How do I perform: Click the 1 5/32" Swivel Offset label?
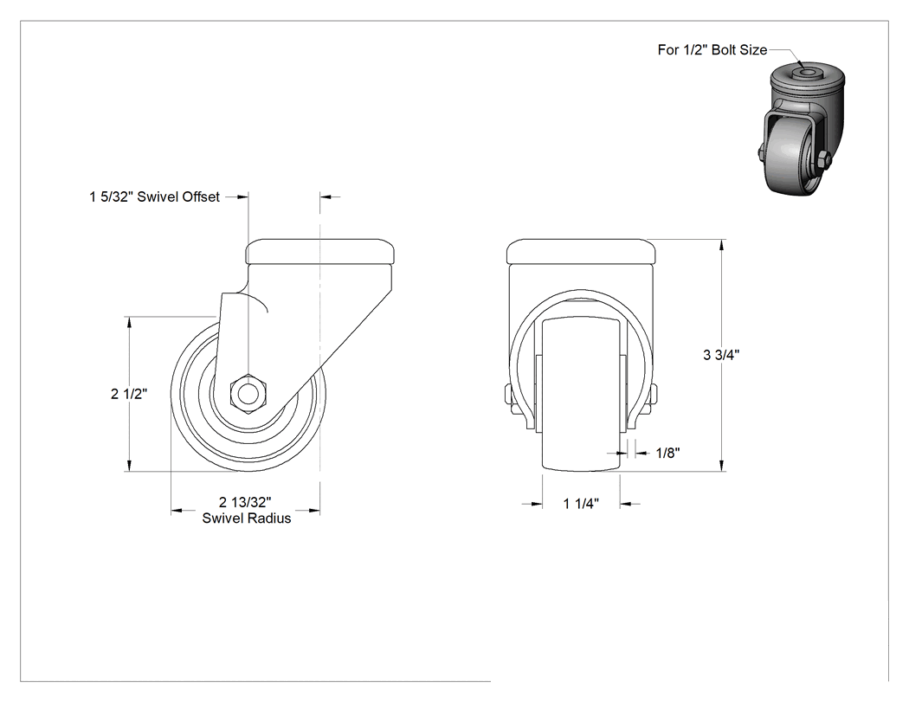tap(154, 197)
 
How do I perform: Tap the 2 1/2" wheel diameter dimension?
tap(129, 394)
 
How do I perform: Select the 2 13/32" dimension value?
tap(245, 502)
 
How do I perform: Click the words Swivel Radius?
tap(247, 518)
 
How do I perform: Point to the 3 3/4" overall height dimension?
tap(721, 355)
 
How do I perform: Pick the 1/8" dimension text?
tap(667, 453)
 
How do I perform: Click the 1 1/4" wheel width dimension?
tap(581, 504)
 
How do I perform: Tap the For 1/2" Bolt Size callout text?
tap(712, 50)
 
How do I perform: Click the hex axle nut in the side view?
tap(248, 394)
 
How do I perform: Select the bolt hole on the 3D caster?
tap(806, 73)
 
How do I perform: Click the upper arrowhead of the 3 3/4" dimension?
tap(722, 245)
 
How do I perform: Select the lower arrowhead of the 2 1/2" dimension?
tap(129, 466)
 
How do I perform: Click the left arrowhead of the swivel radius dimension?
tap(177, 511)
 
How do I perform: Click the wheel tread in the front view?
tap(581, 394)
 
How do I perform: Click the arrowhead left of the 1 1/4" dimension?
tap(536, 505)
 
